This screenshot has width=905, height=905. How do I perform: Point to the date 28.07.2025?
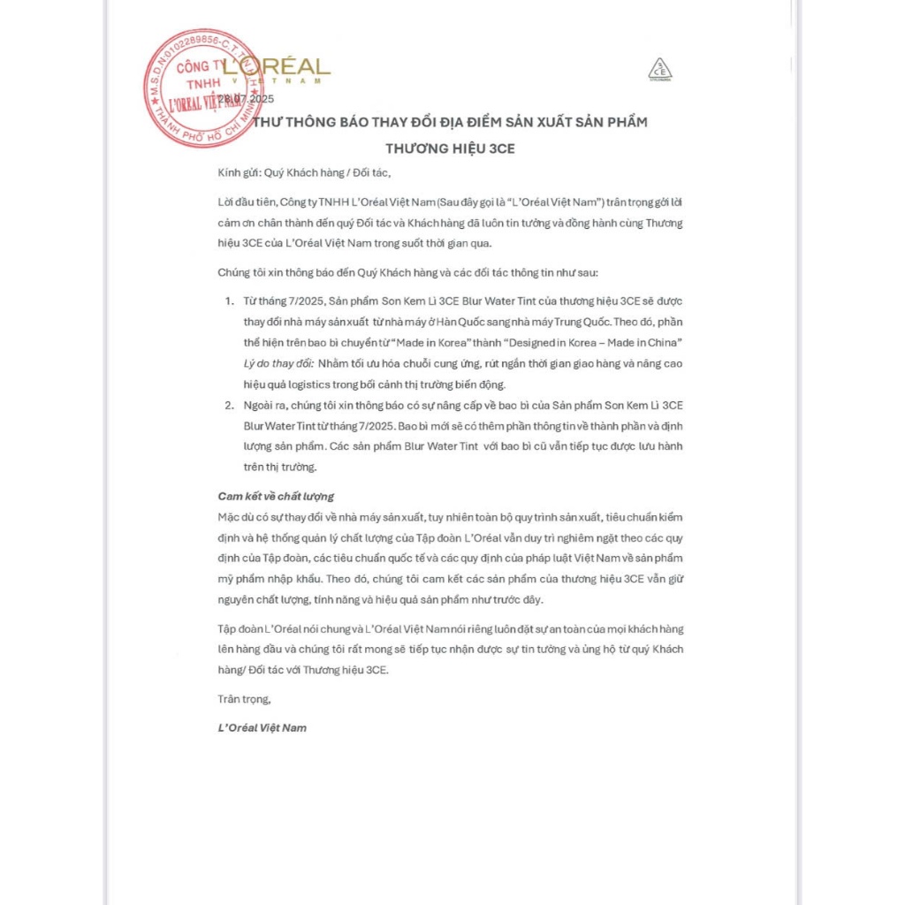[249, 98]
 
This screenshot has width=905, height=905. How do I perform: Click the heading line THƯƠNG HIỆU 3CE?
[450, 148]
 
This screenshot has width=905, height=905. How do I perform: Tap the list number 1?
[229, 301]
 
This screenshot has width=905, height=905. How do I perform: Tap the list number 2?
[229, 405]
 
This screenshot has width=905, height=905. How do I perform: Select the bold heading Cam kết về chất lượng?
[276, 496]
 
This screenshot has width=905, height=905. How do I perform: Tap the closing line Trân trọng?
[244, 699]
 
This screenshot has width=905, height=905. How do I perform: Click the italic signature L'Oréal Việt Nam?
[262, 728]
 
